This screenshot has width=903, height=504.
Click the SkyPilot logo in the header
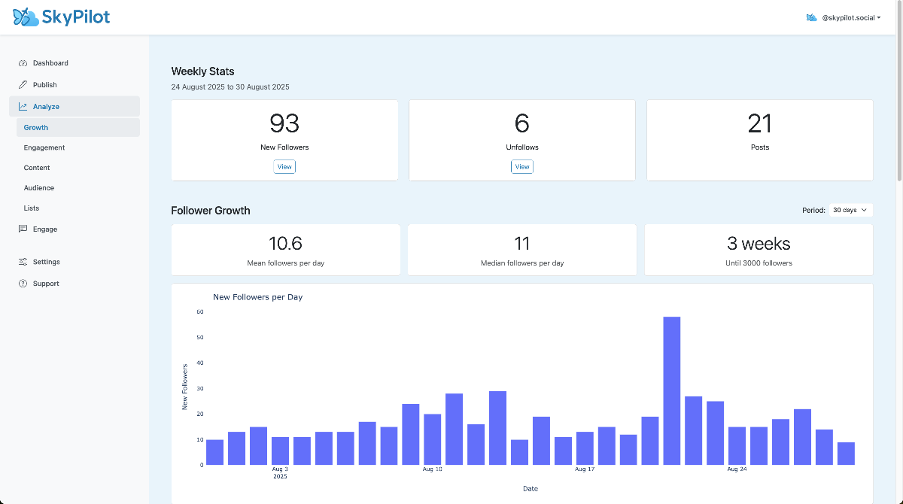coord(62,17)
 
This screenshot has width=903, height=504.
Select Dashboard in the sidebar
coord(50,63)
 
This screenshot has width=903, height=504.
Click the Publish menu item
coord(44,85)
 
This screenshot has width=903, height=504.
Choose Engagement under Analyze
coord(44,147)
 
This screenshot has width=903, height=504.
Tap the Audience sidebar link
coord(39,188)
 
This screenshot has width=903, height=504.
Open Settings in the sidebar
coord(46,262)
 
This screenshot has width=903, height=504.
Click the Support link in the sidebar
coord(45,284)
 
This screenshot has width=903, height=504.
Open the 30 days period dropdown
coord(850,211)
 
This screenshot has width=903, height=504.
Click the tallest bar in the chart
coord(671,390)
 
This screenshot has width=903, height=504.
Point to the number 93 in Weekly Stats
coord(284,123)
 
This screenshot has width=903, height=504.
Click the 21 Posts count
coord(760,123)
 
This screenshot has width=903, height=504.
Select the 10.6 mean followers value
coord(285,244)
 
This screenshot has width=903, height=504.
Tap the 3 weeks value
coord(759,244)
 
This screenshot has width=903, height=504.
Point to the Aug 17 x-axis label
coord(585,469)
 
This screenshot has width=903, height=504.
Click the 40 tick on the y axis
coord(200,363)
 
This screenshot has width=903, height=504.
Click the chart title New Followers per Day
coord(257,297)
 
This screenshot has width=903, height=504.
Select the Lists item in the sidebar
coord(32,208)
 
